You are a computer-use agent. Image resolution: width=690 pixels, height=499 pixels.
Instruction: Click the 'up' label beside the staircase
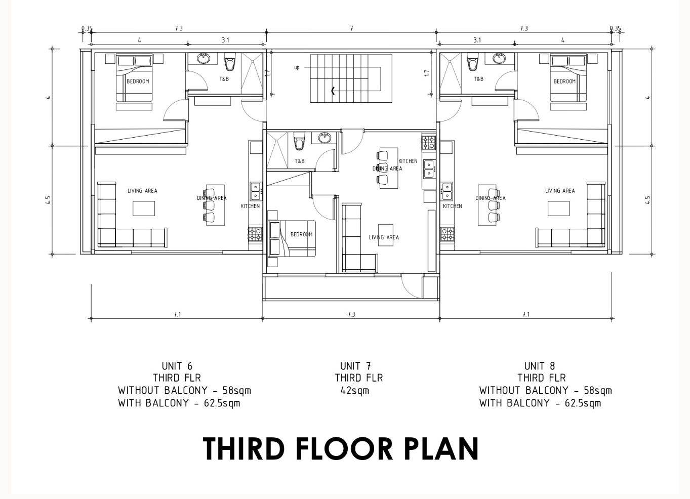297,67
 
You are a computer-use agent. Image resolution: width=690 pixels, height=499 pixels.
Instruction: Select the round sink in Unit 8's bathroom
499,58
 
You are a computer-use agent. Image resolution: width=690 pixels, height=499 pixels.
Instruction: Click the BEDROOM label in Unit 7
301,234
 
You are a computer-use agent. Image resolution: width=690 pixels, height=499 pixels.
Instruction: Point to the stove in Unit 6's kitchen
255,234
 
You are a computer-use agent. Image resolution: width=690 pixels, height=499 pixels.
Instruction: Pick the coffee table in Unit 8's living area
558,209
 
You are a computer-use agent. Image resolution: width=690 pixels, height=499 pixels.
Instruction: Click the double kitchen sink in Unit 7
429,169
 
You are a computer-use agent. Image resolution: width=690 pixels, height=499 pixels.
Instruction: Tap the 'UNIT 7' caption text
355,366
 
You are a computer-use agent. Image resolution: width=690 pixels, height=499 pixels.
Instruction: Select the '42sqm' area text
354,391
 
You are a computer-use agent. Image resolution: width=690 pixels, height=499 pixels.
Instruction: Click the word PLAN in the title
441,448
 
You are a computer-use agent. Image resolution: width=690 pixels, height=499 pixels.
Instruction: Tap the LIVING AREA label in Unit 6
142,191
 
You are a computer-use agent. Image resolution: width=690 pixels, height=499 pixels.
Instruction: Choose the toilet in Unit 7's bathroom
299,141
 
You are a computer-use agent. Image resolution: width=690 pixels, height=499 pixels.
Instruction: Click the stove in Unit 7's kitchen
429,143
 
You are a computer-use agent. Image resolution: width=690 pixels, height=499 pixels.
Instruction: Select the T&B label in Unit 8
478,79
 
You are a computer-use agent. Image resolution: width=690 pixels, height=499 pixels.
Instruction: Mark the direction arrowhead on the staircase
333,91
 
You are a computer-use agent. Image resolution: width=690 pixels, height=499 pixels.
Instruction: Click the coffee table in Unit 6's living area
144,209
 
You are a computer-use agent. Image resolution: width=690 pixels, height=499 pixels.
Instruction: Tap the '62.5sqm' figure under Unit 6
222,403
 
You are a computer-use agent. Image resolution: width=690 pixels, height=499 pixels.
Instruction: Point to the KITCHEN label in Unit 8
452,206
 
